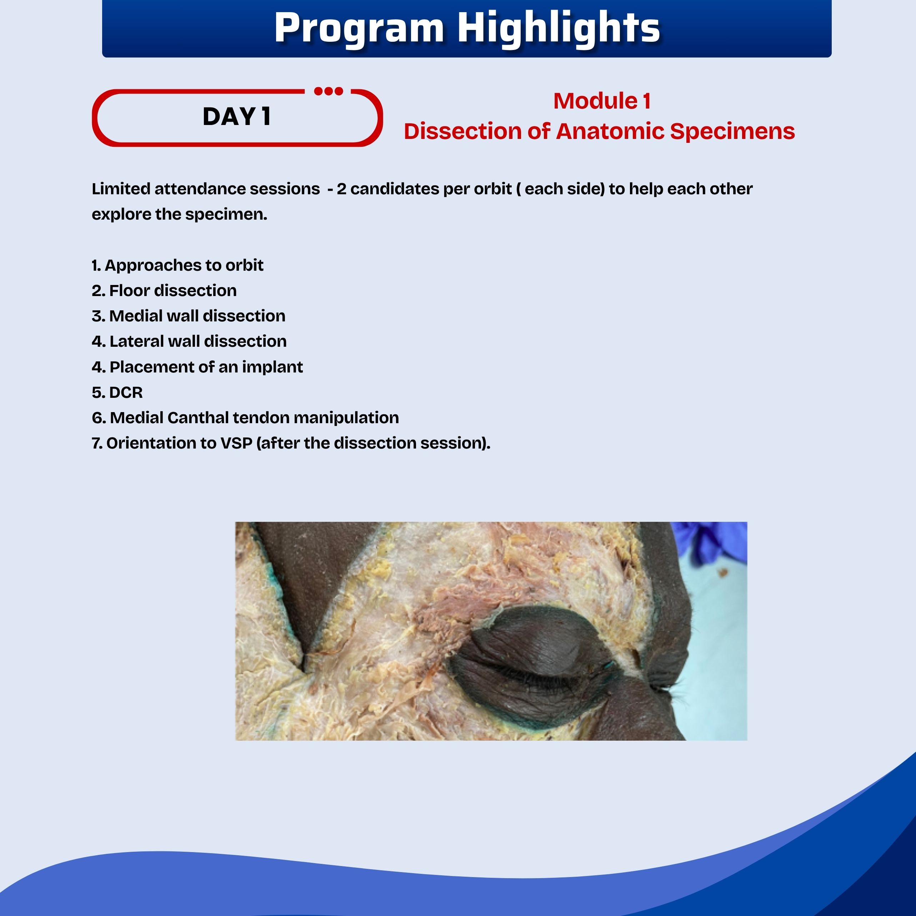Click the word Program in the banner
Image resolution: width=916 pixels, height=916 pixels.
[359, 29]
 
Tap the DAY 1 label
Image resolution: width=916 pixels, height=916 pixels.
[236, 117]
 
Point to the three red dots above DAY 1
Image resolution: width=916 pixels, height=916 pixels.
[329, 91]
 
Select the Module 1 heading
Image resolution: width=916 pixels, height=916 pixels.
[602, 101]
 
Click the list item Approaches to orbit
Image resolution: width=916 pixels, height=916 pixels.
[178, 265]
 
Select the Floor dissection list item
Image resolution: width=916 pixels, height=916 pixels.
[164, 291]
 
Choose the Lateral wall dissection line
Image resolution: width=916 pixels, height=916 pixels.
[189, 341]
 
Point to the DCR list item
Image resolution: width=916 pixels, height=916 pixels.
[117, 392]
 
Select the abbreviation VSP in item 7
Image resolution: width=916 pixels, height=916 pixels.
[236, 443]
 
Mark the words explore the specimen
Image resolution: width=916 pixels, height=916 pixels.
[180, 215]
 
